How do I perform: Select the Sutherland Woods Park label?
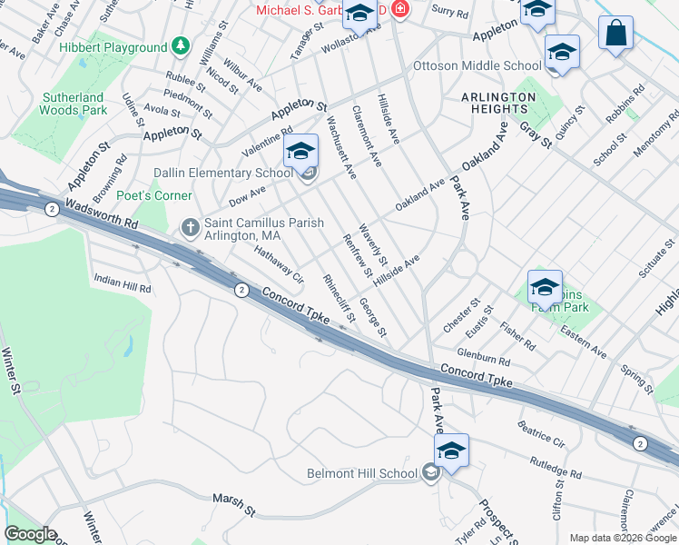pos(74,103)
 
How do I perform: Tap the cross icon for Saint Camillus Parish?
pos(191,226)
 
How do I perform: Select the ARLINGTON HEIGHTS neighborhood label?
pos(498,103)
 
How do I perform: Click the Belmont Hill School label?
pos(362,473)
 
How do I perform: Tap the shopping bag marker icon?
pos(615,33)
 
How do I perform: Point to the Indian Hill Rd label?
pos(122,282)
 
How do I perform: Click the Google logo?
pos(30,534)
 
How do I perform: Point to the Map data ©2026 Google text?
pos(623,538)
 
